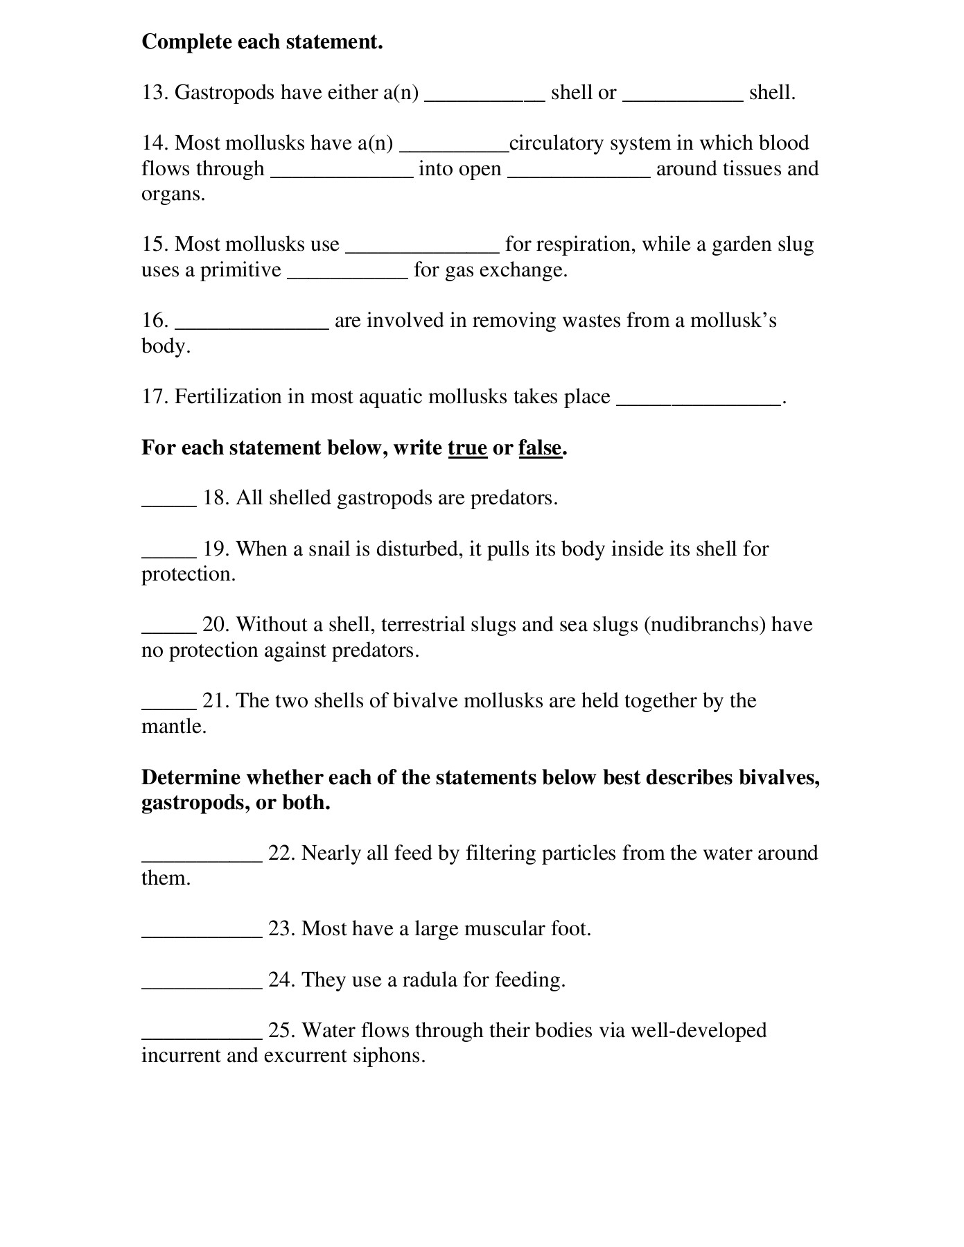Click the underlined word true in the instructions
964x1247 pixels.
[467, 448]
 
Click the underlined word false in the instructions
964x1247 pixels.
[539, 448]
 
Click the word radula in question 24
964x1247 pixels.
[430, 980]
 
